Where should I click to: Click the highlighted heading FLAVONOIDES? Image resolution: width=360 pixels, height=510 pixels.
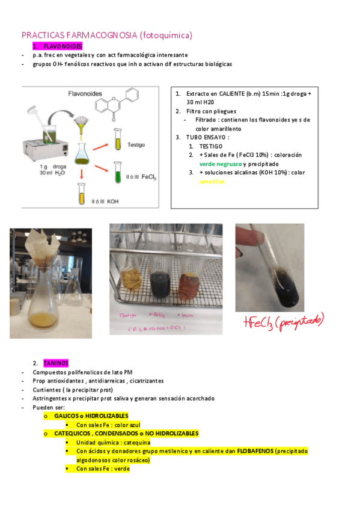(x=63, y=46)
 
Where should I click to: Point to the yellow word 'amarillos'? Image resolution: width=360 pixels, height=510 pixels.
(x=212, y=181)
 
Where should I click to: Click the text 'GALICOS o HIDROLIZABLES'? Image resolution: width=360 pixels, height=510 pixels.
(x=91, y=416)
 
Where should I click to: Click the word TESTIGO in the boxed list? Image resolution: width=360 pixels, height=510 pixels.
(x=210, y=146)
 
